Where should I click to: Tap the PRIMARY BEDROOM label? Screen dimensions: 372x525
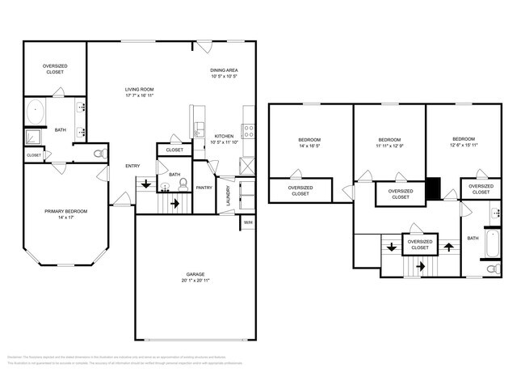pyautogui.click(x=65, y=210)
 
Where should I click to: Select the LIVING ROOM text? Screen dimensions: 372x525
pyautogui.click(x=139, y=89)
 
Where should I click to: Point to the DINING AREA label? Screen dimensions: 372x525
pyautogui.click(x=223, y=70)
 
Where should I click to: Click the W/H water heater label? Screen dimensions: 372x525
pyautogui.click(x=248, y=222)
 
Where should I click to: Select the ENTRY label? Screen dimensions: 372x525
pyautogui.click(x=132, y=166)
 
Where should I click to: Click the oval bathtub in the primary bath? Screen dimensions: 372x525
pyautogui.click(x=37, y=111)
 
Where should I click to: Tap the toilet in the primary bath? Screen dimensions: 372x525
pyautogui.click(x=99, y=152)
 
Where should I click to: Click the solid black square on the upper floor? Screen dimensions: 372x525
pyautogui.click(x=434, y=188)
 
